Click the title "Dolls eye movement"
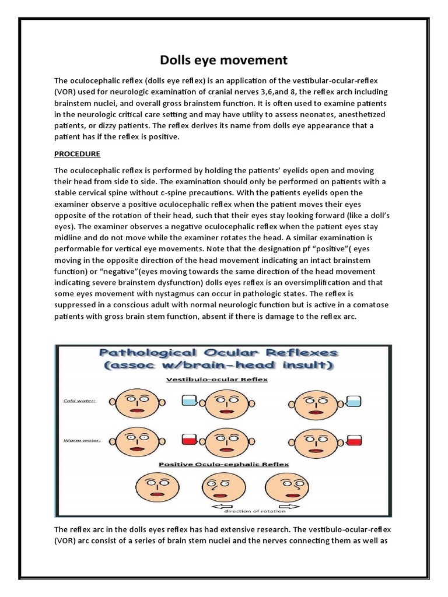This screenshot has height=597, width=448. (224, 60)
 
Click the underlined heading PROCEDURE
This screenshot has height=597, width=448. (77, 154)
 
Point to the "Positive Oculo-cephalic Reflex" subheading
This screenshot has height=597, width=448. (224, 465)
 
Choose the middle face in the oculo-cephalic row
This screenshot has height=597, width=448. (220, 487)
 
